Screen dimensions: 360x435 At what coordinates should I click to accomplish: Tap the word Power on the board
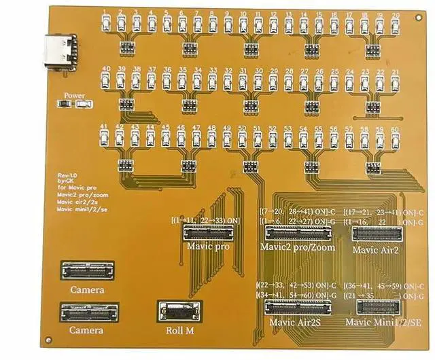(73, 96)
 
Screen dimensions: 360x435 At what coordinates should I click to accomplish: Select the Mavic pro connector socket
(206, 233)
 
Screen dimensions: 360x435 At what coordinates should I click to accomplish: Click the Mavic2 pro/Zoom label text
(297, 247)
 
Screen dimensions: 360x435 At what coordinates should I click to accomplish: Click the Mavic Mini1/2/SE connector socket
(373, 306)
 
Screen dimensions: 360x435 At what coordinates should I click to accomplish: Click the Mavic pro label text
(208, 247)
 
